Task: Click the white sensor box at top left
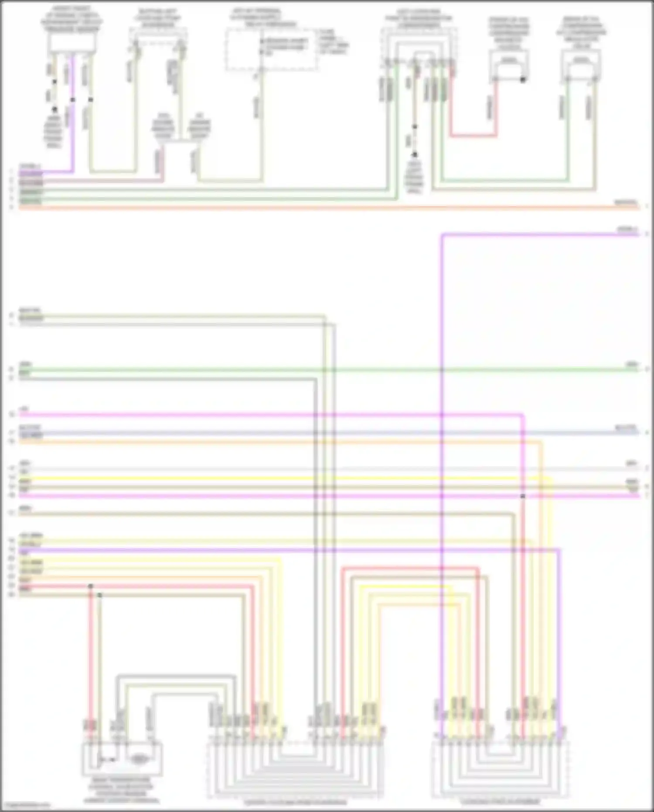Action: click(72, 43)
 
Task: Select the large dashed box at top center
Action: click(271, 49)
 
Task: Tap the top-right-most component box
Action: click(581, 65)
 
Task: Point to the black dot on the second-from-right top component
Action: click(523, 80)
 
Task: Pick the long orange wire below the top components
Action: click(327, 208)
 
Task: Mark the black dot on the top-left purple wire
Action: click(73, 100)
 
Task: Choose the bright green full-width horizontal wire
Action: click(327, 370)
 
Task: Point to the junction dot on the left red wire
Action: click(91, 586)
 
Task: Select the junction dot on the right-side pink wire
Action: click(523, 497)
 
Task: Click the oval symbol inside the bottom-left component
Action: click(138, 760)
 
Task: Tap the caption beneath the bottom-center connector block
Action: click(295, 802)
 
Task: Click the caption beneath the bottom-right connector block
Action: click(501, 802)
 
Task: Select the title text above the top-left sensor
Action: click(72, 19)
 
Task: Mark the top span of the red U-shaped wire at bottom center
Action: click(410, 568)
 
